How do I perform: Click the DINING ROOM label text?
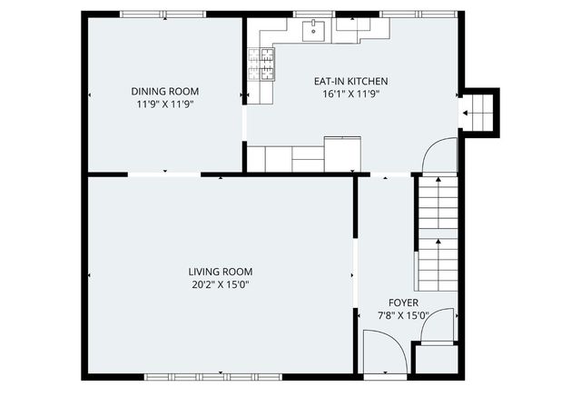click(x=164, y=91)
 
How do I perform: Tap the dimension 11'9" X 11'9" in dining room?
click(x=164, y=104)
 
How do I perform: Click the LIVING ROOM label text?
click(x=220, y=272)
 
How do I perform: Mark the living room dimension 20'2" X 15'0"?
click(x=220, y=284)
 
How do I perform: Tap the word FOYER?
click(x=403, y=303)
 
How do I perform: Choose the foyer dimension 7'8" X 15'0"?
click(x=403, y=316)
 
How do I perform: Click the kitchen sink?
click(x=315, y=31)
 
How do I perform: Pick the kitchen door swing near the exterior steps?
click(x=441, y=155)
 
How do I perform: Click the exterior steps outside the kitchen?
click(x=480, y=113)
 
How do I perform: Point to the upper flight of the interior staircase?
click(x=437, y=203)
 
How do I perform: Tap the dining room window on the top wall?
click(x=163, y=14)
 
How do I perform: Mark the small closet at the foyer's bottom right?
click(x=436, y=359)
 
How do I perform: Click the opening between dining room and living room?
click(x=164, y=174)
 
